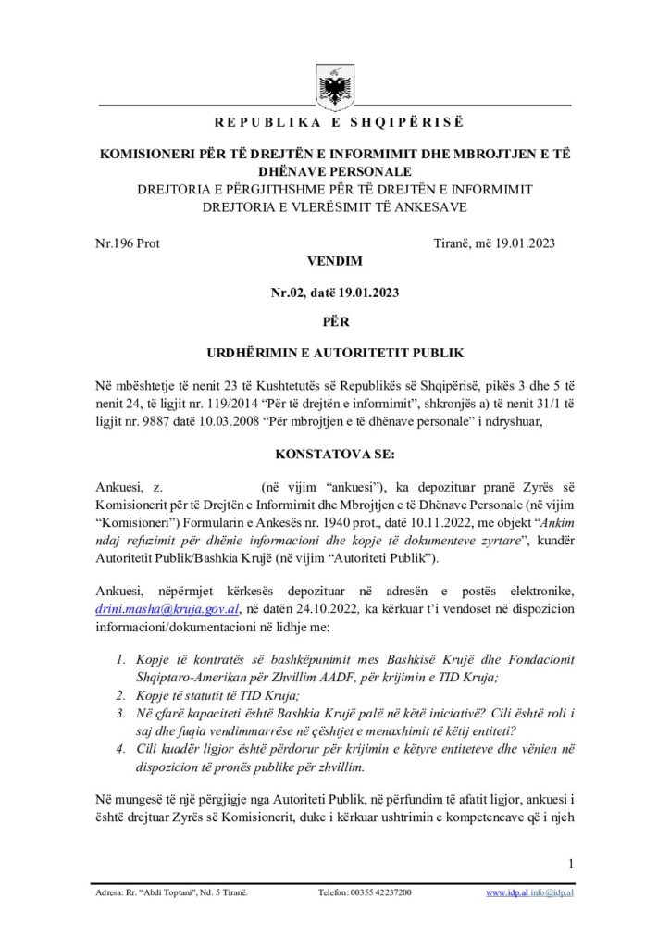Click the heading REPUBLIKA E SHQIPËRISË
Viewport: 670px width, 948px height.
334,122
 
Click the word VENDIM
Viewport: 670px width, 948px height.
334,262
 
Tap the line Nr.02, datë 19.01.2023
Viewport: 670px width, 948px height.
334,293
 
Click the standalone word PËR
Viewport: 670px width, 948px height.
334,324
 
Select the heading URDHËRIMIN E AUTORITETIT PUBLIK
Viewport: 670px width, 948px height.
334,355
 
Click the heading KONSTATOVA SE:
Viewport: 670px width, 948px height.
334,456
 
